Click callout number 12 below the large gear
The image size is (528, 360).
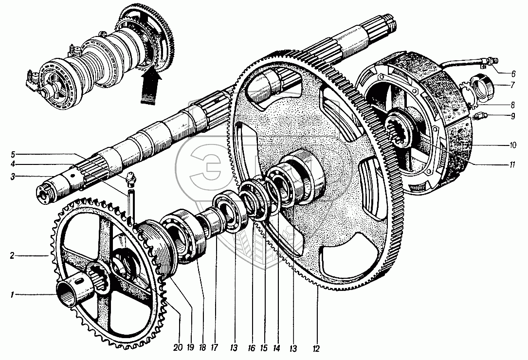pyautogui.click(x=317, y=349)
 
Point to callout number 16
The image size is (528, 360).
pyautogui.click(x=252, y=349)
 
